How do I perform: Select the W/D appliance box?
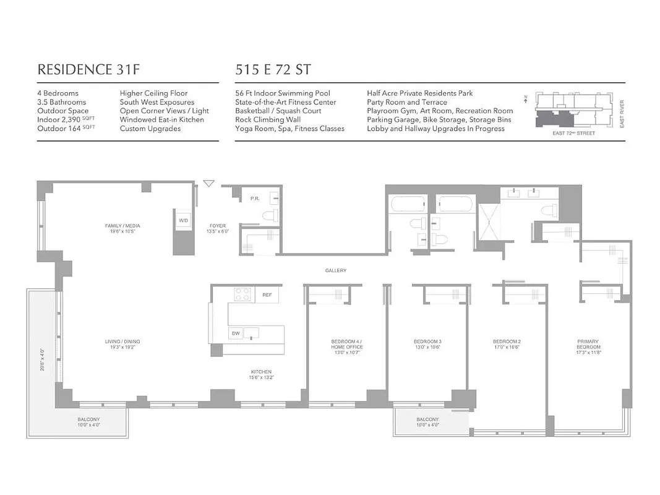tap(184, 221)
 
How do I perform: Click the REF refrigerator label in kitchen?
tap(267, 295)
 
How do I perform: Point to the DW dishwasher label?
tap(235, 334)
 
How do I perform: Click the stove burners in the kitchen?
tap(242, 295)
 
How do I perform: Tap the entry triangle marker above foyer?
tap(209, 184)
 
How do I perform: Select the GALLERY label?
tap(336, 270)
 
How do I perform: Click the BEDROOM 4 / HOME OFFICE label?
tap(347, 344)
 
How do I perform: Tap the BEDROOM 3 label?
tap(427, 342)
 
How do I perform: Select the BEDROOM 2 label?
tap(507, 342)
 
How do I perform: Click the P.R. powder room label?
tap(254, 199)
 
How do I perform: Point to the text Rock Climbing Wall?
tap(267, 119)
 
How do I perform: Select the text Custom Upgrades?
tap(150, 128)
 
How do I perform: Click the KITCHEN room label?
tap(261, 372)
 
